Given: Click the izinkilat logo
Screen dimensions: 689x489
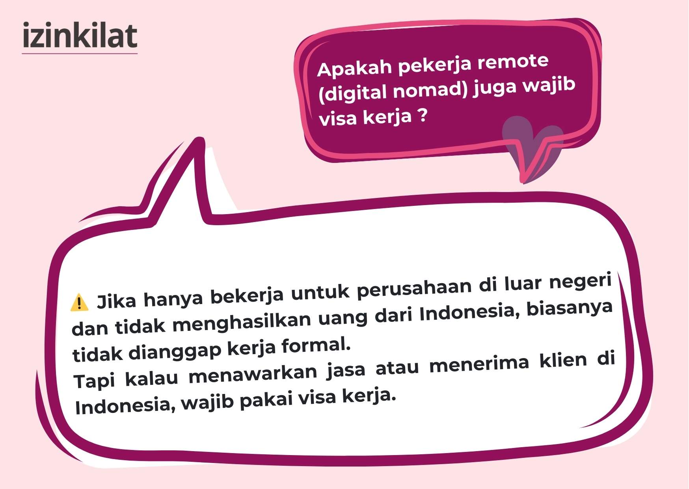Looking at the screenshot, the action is (80, 36).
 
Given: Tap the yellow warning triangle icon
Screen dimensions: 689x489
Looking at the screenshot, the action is (79, 302).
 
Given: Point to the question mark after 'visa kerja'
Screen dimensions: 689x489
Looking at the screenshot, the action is (422, 116).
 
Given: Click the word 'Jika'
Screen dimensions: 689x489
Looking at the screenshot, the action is (117, 301).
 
